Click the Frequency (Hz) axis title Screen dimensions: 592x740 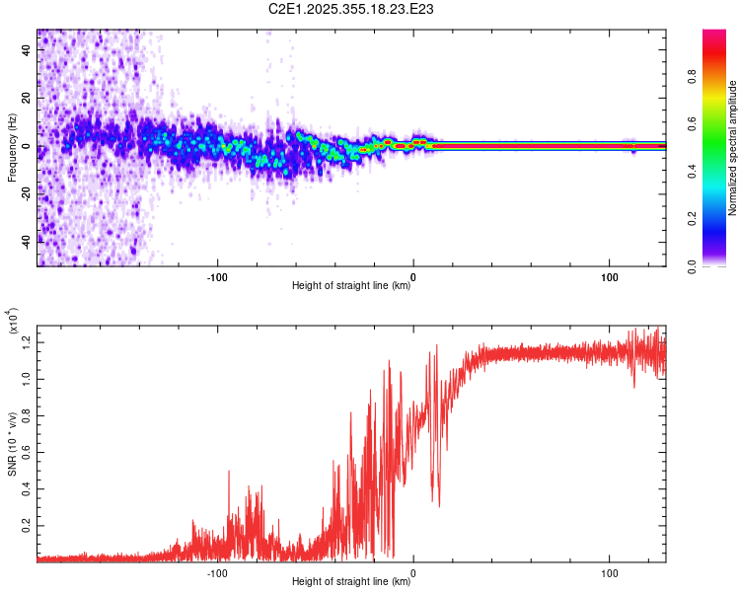click(x=13, y=147)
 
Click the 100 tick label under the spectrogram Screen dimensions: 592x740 click(x=609, y=275)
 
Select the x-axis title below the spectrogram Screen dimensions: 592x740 click(x=351, y=286)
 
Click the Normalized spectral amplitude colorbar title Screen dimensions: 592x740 click(x=732, y=147)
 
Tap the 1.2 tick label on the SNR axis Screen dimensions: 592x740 click(x=28, y=341)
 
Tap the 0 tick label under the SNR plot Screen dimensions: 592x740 click(x=413, y=571)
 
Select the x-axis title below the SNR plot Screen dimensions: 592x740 click(x=351, y=582)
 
